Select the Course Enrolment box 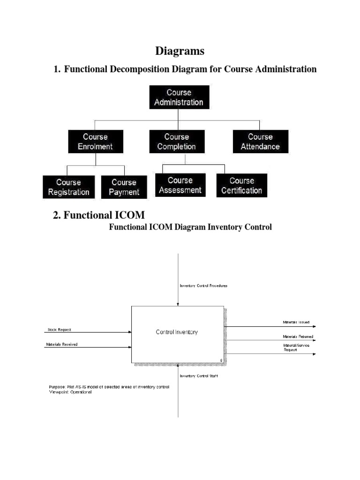tap(96, 142)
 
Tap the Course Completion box tap(176, 142)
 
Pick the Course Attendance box tap(260, 142)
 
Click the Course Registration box tap(68, 187)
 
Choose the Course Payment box tap(124, 187)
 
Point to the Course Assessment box tap(180, 185)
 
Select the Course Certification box tap(241, 186)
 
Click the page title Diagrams tap(180, 51)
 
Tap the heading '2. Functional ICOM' tap(99, 215)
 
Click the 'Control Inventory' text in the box tap(177, 332)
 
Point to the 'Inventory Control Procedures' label tap(203, 285)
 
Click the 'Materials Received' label tap(62, 344)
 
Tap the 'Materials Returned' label tap(298, 337)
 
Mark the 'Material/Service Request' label tap(296, 348)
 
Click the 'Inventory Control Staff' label tap(199, 376)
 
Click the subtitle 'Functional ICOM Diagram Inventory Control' tap(190, 227)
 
